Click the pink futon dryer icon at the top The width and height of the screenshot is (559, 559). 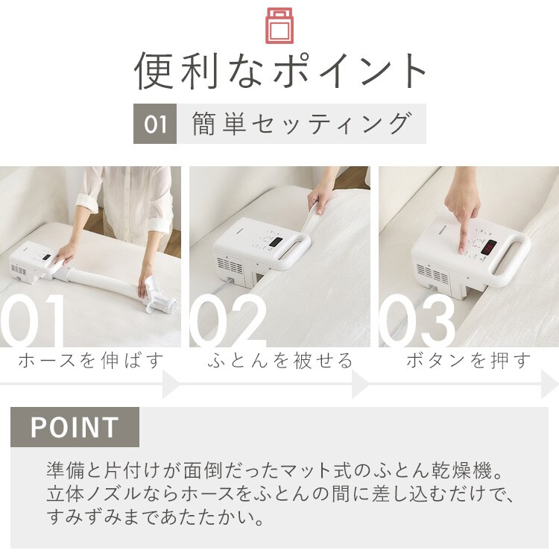pos(279,25)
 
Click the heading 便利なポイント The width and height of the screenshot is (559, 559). pos(280,71)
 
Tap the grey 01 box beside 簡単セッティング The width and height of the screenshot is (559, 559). pos(155,124)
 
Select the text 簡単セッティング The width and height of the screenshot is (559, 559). pos(302,124)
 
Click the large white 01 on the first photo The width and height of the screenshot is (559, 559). pos(32,320)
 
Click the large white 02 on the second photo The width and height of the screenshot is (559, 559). pos(228,320)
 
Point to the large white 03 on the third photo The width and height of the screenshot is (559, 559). pos(417,320)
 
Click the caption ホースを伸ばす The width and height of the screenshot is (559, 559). pos(90,360)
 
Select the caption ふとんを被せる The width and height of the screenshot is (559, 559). pos(279,360)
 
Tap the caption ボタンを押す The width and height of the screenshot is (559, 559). pos(469,360)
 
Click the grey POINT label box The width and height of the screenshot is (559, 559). pos(75,427)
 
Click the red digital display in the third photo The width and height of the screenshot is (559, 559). pos(488,247)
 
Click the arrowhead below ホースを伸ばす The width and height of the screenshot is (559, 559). pos(171,385)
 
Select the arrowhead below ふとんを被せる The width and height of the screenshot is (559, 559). pos(360,385)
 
